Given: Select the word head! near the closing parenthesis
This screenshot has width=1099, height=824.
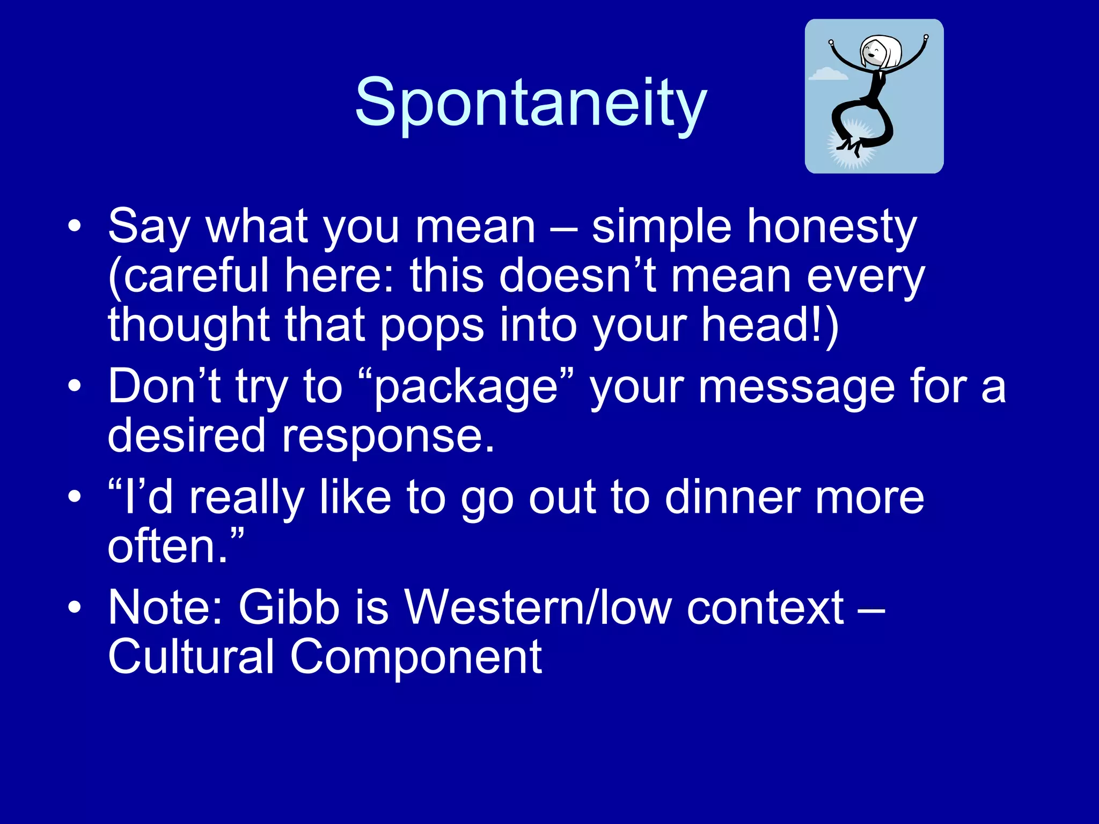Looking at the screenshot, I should [x=762, y=325].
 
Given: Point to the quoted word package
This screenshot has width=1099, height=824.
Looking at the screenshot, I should [x=466, y=387].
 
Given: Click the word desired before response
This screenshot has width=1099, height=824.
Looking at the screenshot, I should [x=187, y=436].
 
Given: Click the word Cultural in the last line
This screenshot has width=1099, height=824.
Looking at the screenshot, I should [x=192, y=657].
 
